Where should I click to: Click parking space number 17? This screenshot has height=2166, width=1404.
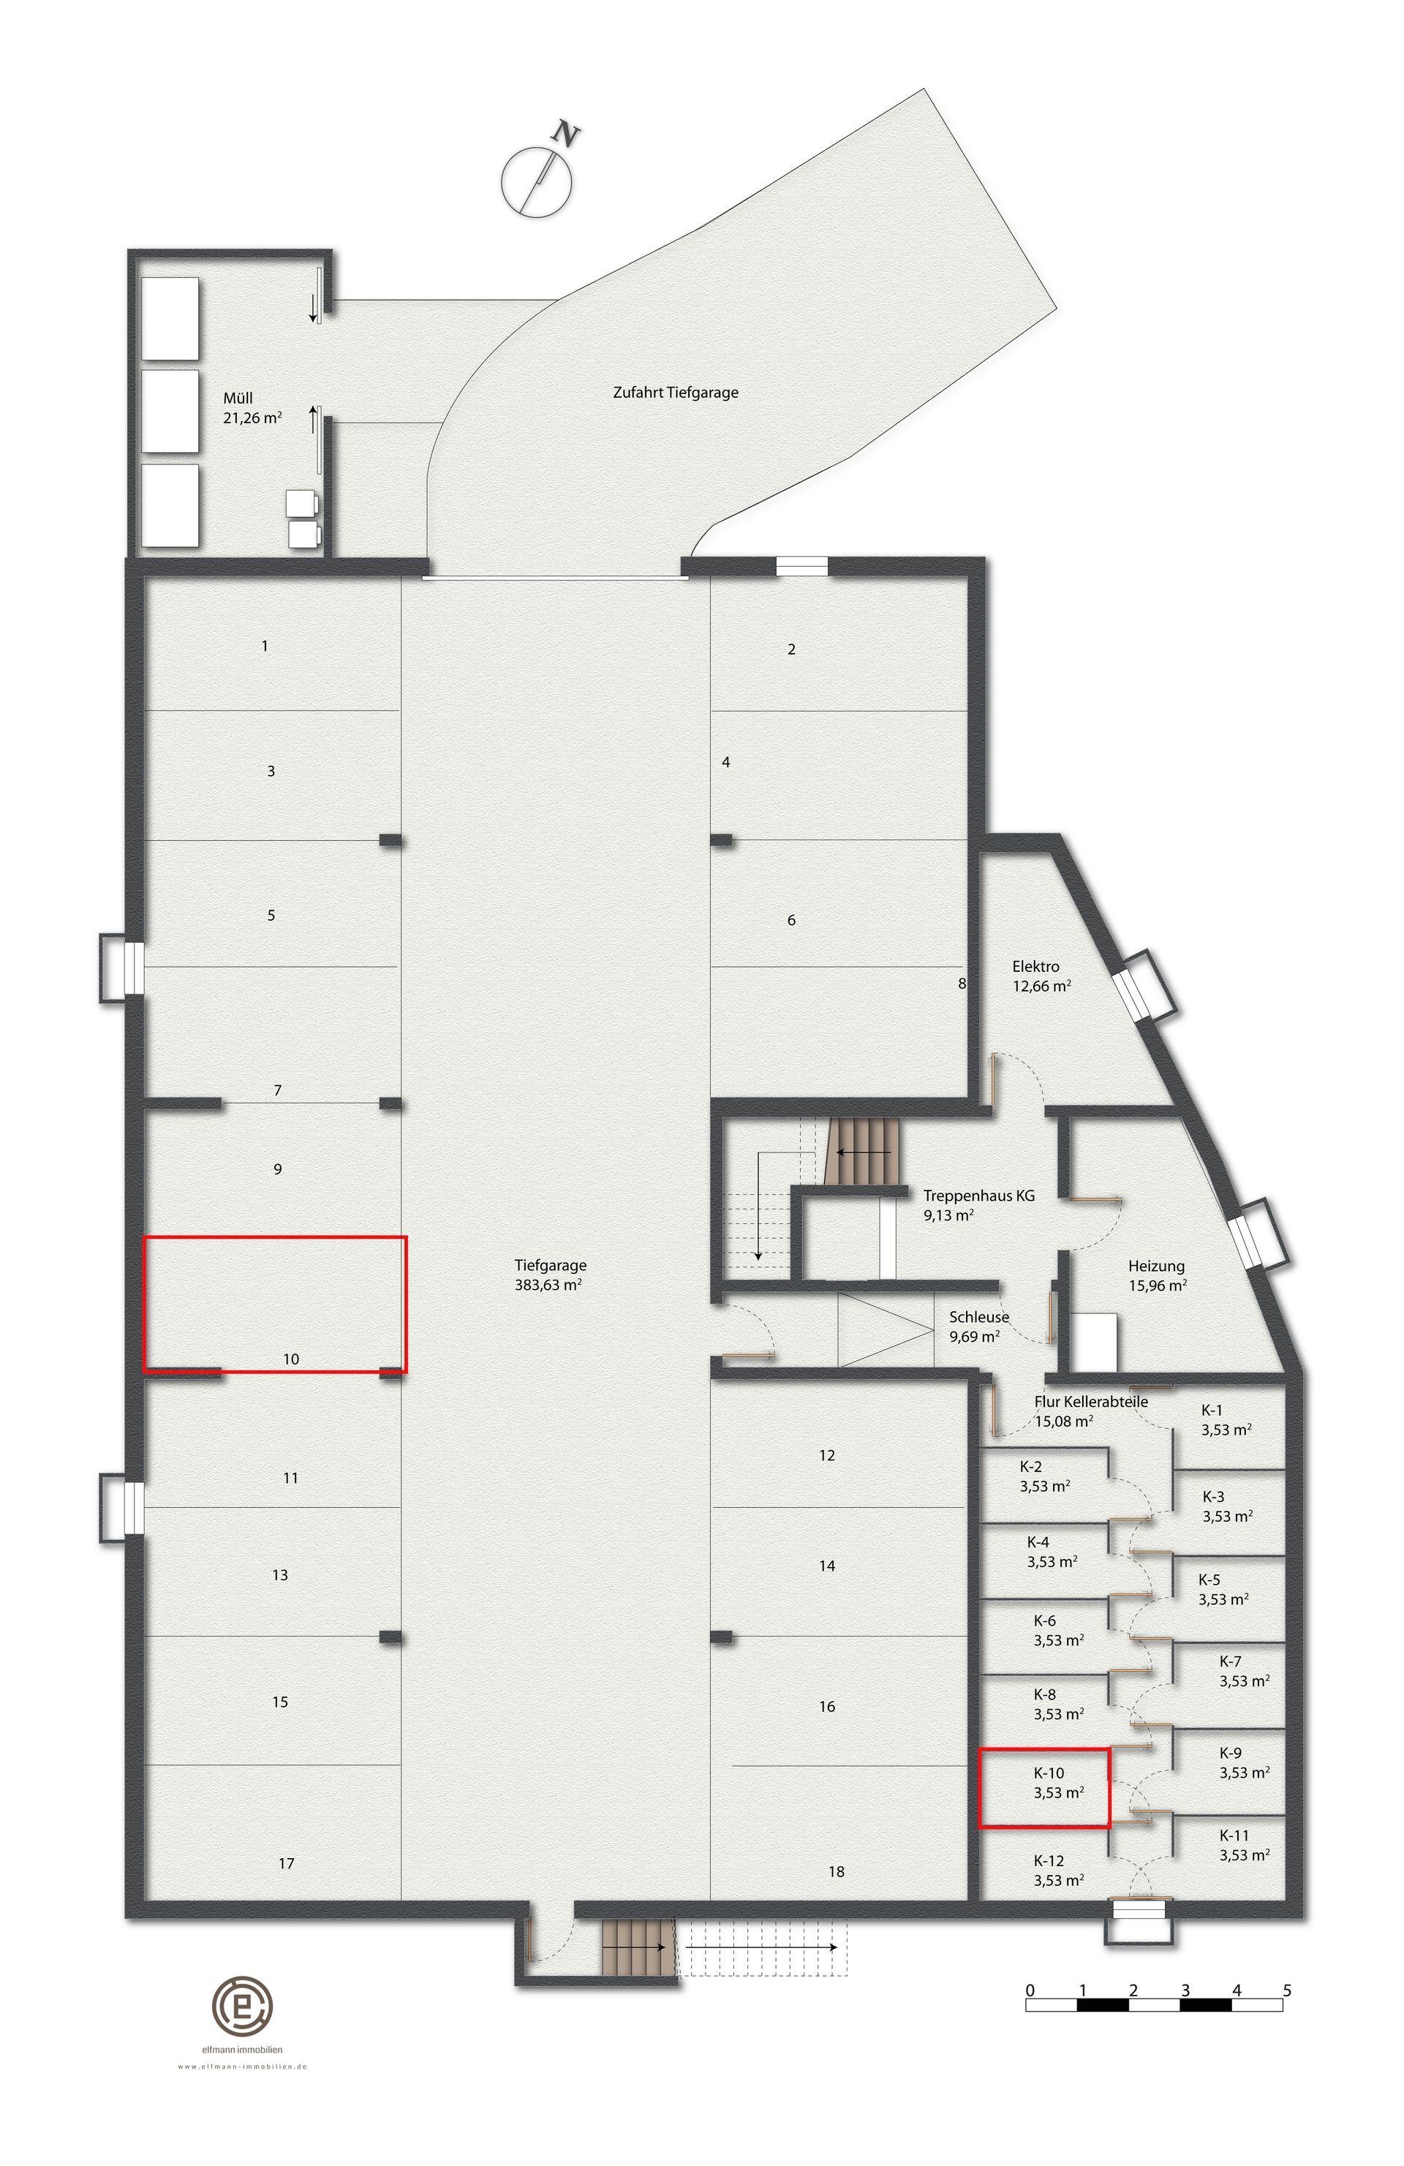click(x=287, y=1864)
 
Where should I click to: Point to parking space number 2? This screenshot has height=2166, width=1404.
click(x=792, y=649)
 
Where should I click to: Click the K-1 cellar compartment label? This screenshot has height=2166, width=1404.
click(x=1212, y=1410)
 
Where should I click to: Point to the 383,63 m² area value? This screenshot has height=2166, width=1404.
click(x=548, y=1285)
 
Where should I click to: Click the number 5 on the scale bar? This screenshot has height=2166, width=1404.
click(x=1286, y=1990)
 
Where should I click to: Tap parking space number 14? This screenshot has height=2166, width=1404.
click(x=827, y=1566)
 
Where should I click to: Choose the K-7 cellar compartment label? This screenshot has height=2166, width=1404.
click(x=1230, y=1661)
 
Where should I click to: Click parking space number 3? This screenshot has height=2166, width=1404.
click(x=271, y=771)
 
